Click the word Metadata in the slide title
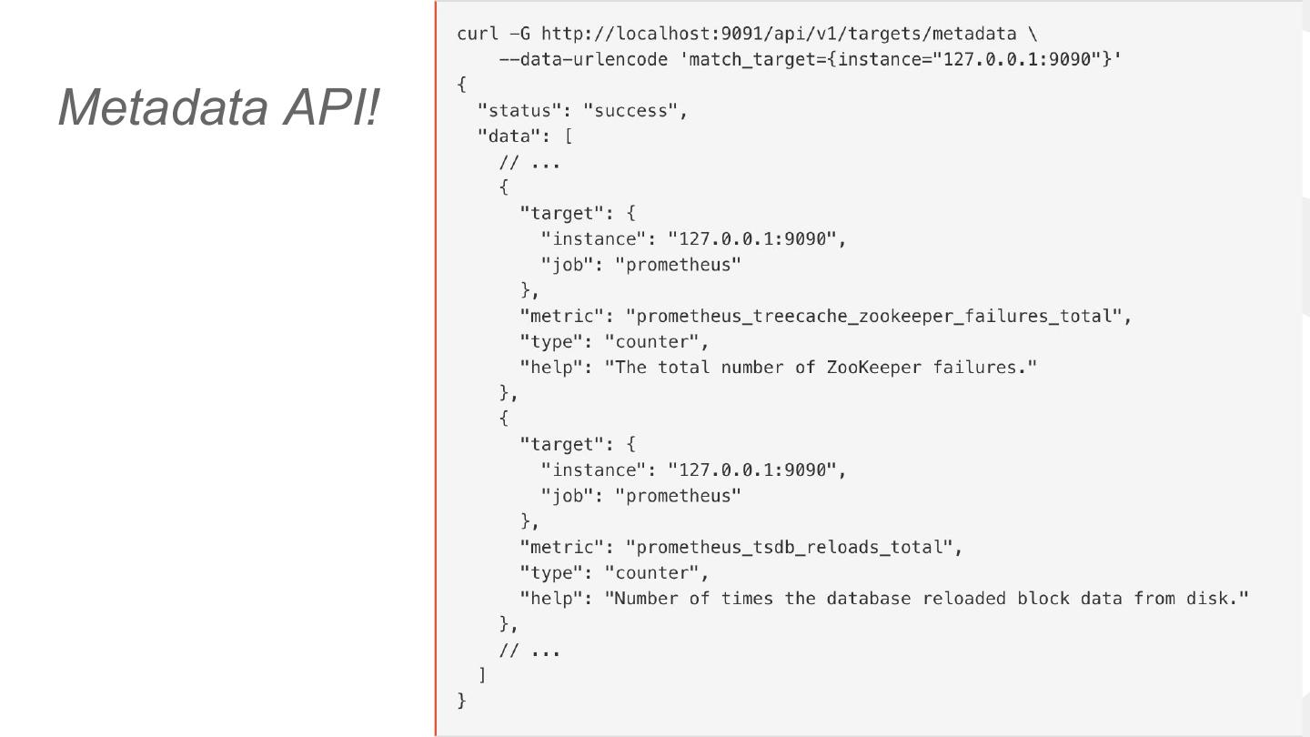coord(165,106)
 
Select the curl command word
coord(478,34)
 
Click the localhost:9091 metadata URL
coord(778,34)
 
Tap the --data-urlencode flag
coord(583,59)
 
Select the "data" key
coord(514,136)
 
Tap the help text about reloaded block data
coord(926,599)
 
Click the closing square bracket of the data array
coord(482,675)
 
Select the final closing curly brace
coord(462,701)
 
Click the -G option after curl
coord(519,34)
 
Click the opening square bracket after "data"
coord(569,136)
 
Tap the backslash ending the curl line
coord(1032,34)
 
